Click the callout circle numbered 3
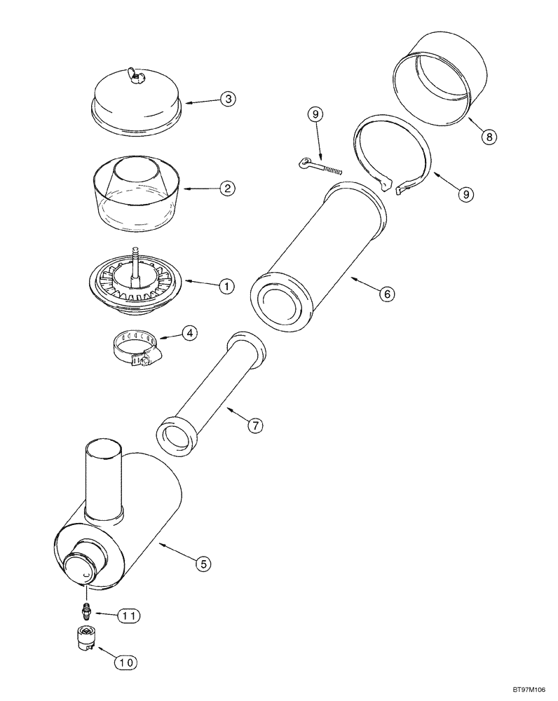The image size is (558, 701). coord(227,99)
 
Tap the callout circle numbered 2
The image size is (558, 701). coord(227,188)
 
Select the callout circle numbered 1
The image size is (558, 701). coord(227,285)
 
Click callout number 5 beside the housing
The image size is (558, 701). coord(203,562)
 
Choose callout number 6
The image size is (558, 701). coord(386,294)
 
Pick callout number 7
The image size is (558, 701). coord(257,425)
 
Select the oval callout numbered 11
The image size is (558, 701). coord(128,615)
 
